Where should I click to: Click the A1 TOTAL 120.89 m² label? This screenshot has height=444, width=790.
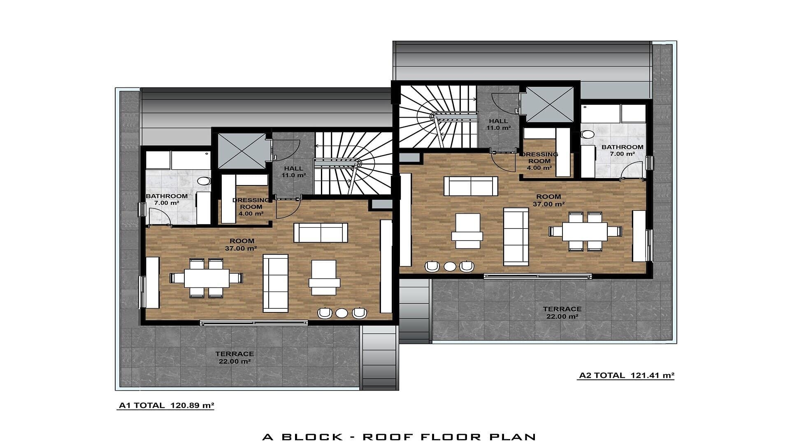pyautogui.click(x=166, y=405)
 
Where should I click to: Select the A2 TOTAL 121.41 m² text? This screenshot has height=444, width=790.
pyautogui.click(x=626, y=375)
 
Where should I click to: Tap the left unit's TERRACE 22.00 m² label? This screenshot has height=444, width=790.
pyautogui.click(x=235, y=358)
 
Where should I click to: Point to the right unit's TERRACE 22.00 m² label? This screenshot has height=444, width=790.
pyautogui.click(x=562, y=312)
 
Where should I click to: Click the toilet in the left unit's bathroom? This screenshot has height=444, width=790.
pyautogui.click(x=204, y=181)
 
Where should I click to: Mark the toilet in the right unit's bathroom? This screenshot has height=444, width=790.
pyautogui.click(x=588, y=134)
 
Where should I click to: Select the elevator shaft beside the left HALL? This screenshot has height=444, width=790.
pyautogui.click(x=242, y=151)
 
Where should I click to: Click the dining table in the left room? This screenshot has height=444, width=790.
pyautogui.click(x=207, y=278)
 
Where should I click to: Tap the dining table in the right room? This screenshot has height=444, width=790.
pyautogui.click(x=585, y=231)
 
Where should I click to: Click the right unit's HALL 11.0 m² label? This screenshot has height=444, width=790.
pyautogui.click(x=498, y=124)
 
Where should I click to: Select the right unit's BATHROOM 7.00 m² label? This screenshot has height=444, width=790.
pyautogui.click(x=622, y=150)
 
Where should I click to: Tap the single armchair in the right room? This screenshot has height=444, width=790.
pyautogui.click(x=467, y=231)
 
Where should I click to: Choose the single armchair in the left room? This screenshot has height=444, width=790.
pyautogui.click(x=324, y=277)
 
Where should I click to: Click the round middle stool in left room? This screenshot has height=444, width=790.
pyautogui.click(x=342, y=313)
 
